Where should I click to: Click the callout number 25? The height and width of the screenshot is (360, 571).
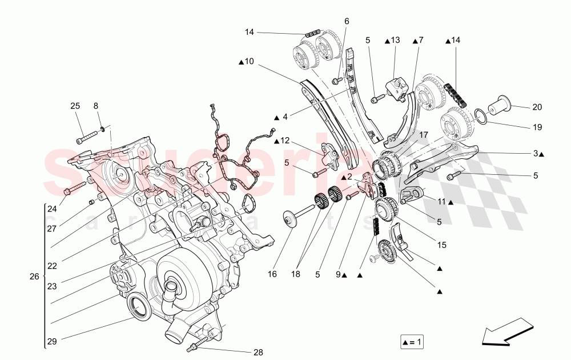point(75,106)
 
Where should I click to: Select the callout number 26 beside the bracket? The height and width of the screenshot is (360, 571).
point(34,277)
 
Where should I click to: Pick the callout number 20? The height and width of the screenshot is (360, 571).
point(537,107)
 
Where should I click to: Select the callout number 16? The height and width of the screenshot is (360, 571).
point(272,274)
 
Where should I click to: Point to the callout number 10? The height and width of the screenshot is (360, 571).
point(249,61)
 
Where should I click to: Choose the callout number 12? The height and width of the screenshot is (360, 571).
point(284,141)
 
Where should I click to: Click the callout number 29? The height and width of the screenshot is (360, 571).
point(52,341)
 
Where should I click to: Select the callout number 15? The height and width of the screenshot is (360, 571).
point(442,246)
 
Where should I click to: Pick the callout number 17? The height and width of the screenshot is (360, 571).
point(423,135)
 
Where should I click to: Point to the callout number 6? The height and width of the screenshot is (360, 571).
point(346,21)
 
